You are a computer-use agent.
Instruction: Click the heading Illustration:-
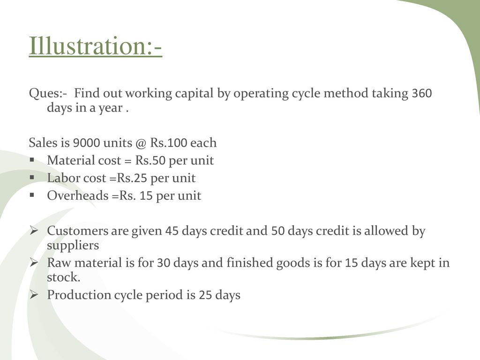click(x=95, y=45)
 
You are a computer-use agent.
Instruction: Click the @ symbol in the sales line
click(x=141, y=143)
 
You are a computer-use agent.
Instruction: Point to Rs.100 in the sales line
click(x=168, y=143)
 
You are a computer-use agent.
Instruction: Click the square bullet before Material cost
click(x=32, y=160)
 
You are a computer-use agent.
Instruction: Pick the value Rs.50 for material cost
click(x=150, y=161)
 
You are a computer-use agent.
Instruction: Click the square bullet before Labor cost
click(x=32, y=177)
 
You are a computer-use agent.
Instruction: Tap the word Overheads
click(x=78, y=195)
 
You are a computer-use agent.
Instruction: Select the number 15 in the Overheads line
click(x=146, y=196)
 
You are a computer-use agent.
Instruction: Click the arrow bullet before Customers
click(x=34, y=230)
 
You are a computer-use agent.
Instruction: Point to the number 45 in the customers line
click(x=172, y=231)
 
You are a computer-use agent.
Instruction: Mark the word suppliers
click(x=73, y=246)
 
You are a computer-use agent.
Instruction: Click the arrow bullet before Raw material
click(x=34, y=262)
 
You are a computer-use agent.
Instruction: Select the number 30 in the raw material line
click(x=164, y=263)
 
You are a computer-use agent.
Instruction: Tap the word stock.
click(x=64, y=277)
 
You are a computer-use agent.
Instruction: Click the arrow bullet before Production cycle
click(x=34, y=294)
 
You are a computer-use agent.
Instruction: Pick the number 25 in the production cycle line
click(x=205, y=295)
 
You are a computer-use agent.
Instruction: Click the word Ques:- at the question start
click(x=48, y=93)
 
